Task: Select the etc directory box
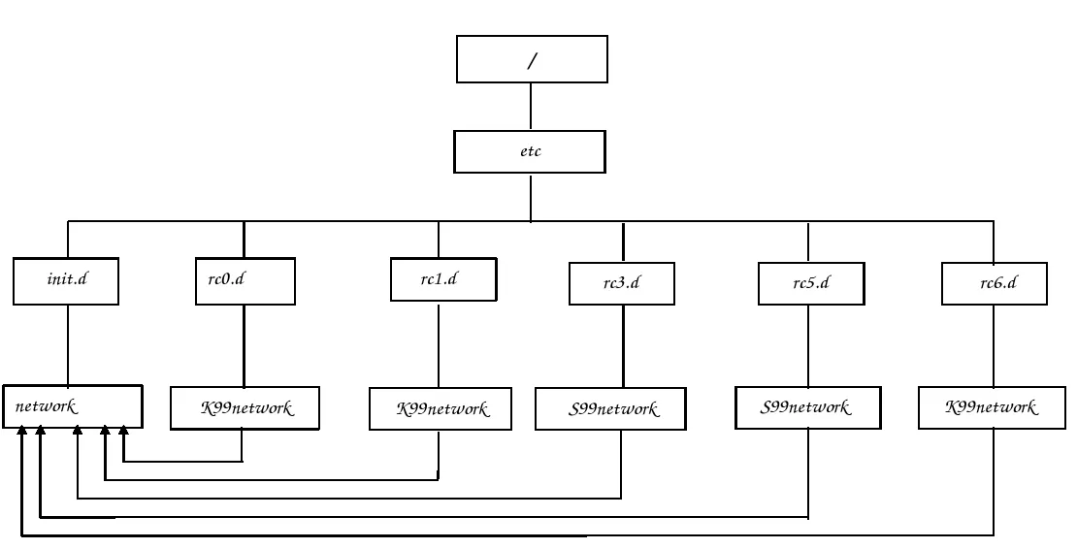(x=530, y=151)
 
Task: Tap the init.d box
(x=67, y=280)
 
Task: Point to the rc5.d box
(x=809, y=284)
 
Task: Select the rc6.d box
(x=994, y=284)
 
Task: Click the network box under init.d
(x=73, y=406)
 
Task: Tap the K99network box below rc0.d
(x=245, y=408)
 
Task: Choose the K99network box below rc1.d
(x=441, y=409)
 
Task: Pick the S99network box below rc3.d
(x=613, y=409)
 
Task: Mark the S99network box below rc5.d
(x=806, y=407)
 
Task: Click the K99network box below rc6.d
(x=992, y=407)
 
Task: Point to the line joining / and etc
(x=531, y=108)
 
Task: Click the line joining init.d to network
(x=67, y=344)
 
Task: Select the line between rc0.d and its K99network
(x=244, y=345)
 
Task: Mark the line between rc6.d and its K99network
(x=994, y=346)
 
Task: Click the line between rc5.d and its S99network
(x=809, y=346)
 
